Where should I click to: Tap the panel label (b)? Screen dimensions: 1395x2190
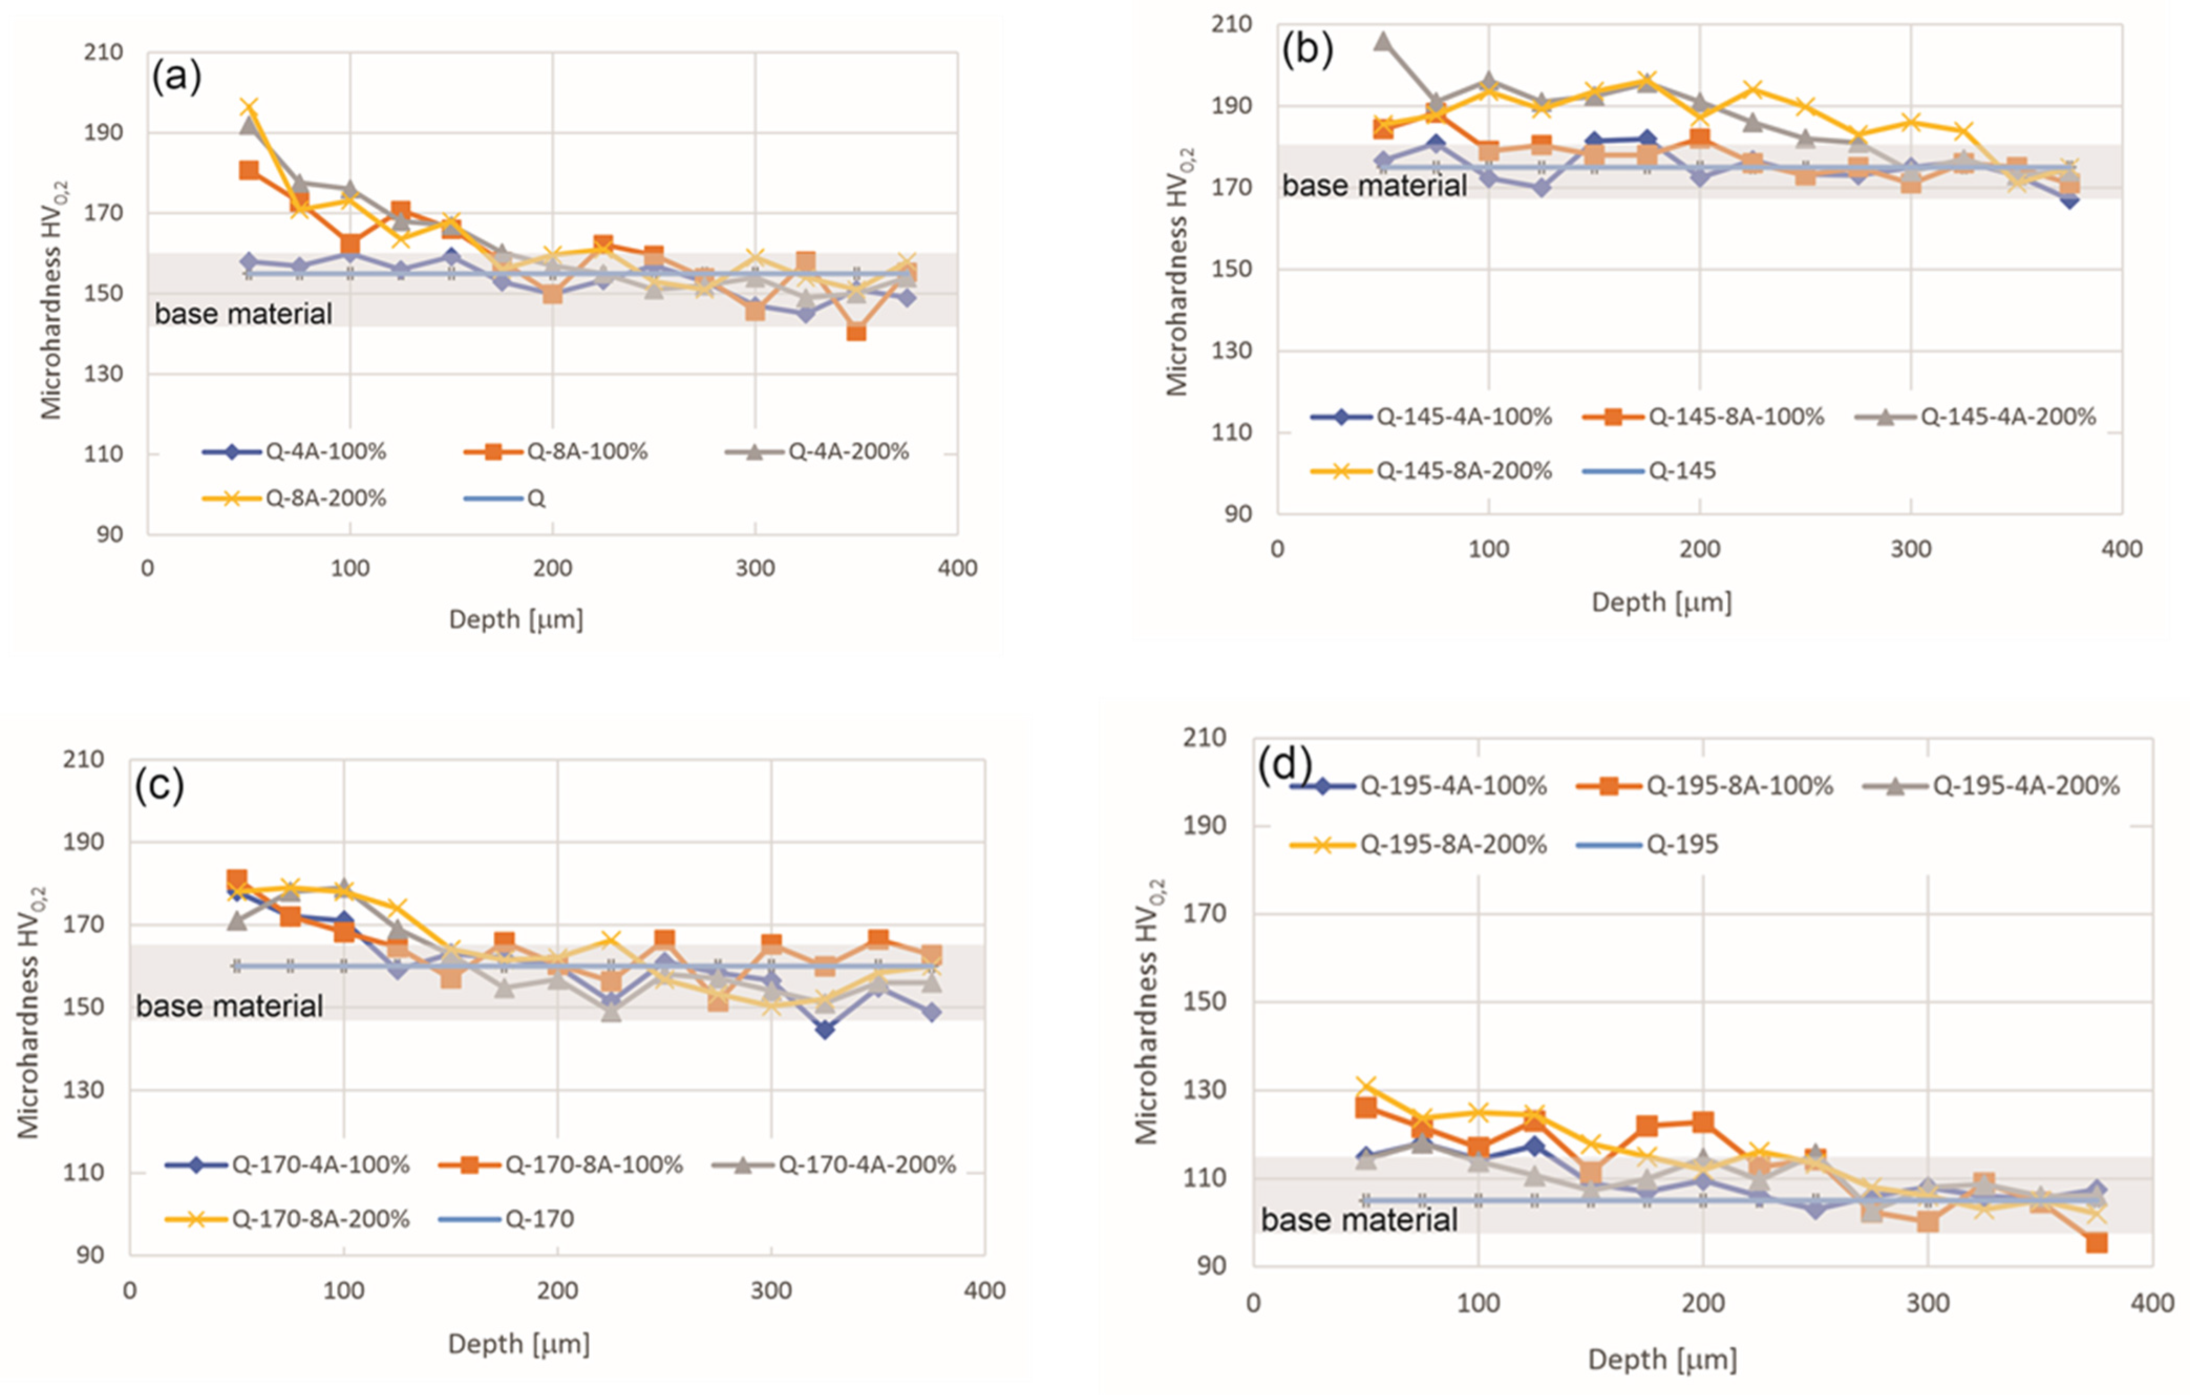pos(1307,49)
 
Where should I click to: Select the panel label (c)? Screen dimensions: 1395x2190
pos(159,784)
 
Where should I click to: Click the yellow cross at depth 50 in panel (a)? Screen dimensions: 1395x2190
pos(248,108)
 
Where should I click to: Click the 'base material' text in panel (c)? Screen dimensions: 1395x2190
pos(229,1006)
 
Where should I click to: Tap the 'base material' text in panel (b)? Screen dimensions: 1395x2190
pos(1374,186)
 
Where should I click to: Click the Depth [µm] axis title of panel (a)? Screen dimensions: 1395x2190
pos(516,619)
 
